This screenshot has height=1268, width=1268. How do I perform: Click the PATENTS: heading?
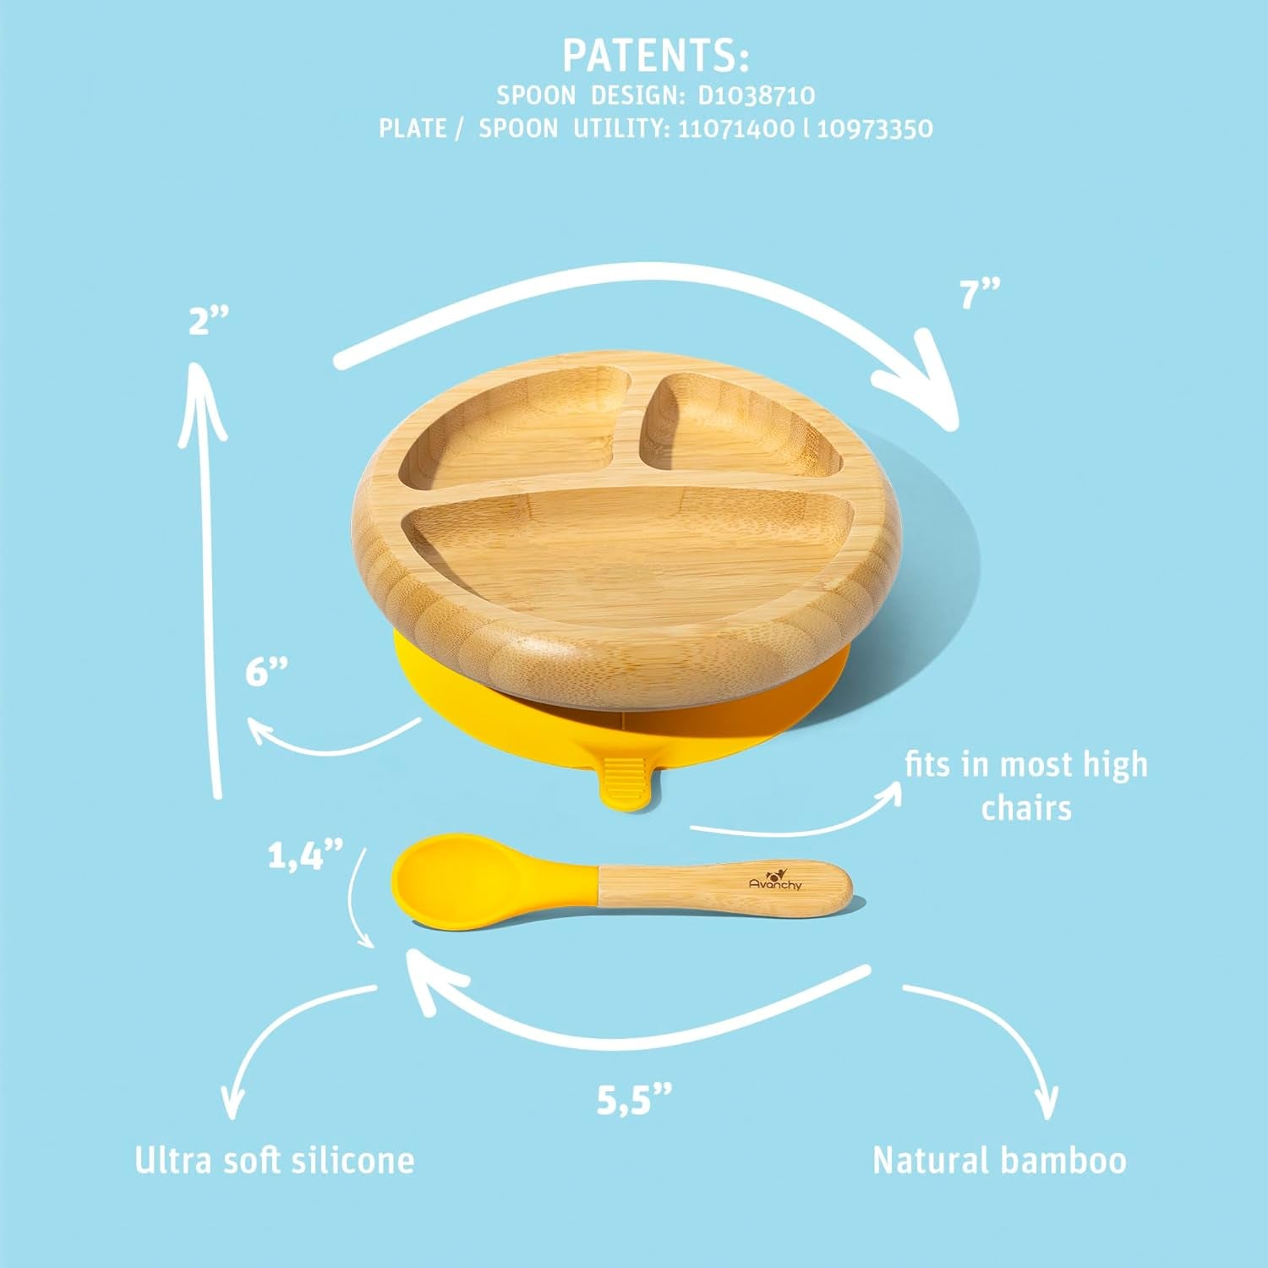pyautogui.click(x=655, y=56)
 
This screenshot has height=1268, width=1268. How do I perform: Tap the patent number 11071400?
pyautogui.click(x=736, y=128)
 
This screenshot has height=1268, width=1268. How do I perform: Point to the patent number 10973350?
pyautogui.click(x=875, y=128)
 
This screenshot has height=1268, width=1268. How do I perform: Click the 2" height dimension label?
pyautogui.click(x=209, y=321)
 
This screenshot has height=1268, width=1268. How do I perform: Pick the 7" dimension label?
pyautogui.click(x=980, y=294)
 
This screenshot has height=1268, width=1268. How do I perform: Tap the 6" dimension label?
pyautogui.click(x=267, y=672)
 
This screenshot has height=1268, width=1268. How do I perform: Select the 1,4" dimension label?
pyautogui.click(x=306, y=855)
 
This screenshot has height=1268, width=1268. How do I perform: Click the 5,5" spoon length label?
pyautogui.click(x=634, y=1100)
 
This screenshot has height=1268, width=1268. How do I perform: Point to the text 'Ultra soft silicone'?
pyautogui.click(x=275, y=1160)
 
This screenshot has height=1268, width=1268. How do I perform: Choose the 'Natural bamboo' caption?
pyautogui.click(x=999, y=1160)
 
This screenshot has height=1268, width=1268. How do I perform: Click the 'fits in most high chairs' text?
pyautogui.click(x=1026, y=785)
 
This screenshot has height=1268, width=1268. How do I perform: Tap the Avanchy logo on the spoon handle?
pyautogui.click(x=775, y=879)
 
